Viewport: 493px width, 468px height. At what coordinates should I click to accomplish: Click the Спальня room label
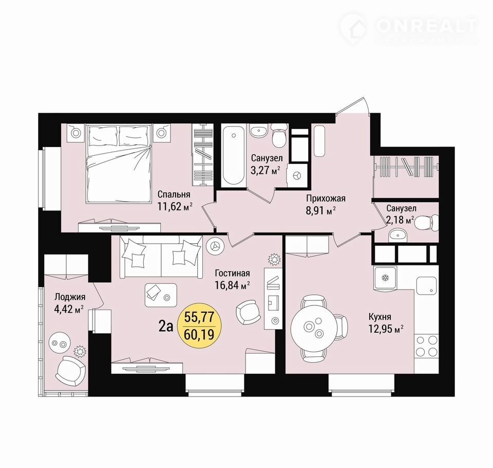pyautogui.click(x=174, y=194)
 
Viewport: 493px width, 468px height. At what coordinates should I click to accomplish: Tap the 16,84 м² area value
pyautogui.click(x=232, y=285)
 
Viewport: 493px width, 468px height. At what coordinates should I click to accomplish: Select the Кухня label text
pyautogui.click(x=380, y=317)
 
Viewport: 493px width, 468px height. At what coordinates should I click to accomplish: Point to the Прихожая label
pyautogui.click(x=326, y=199)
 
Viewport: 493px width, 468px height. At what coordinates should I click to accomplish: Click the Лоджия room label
pyautogui.click(x=70, y=297)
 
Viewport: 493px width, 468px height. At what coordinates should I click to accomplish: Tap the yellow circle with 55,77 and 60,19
pyautogui.click(x=199, y=326)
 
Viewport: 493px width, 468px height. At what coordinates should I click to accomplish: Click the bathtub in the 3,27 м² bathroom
pyautogui.click(x=233, y=156)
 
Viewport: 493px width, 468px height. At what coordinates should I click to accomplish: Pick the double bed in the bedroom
pyautogui.click(x=119, y=163)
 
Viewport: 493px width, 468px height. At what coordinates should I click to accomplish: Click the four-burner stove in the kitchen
pyautogui.click(x=426, y=346)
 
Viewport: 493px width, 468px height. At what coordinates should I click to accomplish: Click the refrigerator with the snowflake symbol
pyautogui.click(x=385, y=278)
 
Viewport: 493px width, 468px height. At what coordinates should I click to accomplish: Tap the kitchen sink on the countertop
pyautogui.click(x=427, y=285)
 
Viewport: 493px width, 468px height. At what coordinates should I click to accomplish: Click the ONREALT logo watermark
pyautogui.click(x=409, y=28)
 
